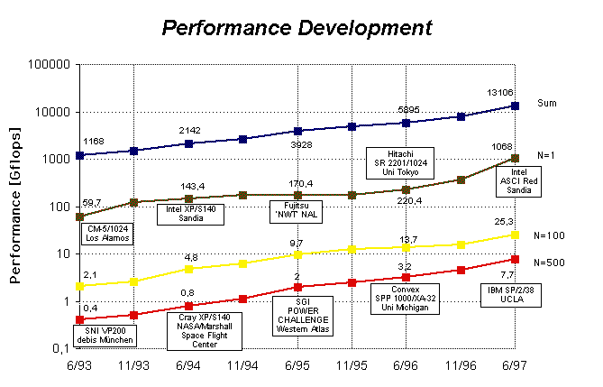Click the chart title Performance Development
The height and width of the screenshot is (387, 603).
297,27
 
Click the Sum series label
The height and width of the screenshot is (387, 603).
546,104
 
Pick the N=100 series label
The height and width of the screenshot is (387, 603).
551,235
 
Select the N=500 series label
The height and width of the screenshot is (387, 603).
551,263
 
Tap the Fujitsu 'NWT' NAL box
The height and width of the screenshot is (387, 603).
297,212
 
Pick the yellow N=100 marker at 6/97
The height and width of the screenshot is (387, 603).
515,235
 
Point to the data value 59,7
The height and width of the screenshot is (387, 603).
93,202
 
